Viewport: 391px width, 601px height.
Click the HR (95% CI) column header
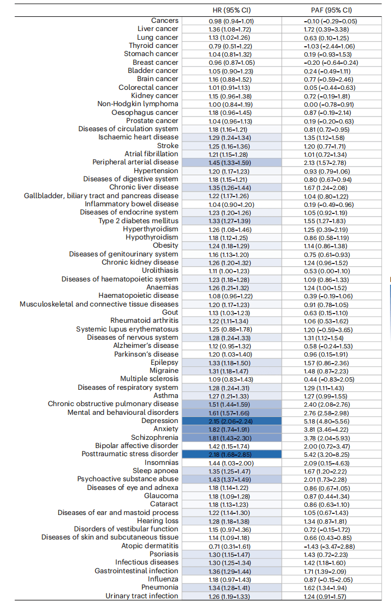[x=231, y=10]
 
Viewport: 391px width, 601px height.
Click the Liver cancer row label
[x=158, y=29]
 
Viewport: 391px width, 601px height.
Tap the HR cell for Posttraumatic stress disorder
[x=231, y=455]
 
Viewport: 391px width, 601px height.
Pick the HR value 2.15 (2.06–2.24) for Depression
[x=231, y=421]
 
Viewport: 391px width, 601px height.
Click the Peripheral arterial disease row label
[x=135, y=162]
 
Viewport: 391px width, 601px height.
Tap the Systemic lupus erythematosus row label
[x=127, y=329]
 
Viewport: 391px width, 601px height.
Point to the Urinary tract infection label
[x=142, y=596]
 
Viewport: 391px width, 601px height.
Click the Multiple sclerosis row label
[x=150, y=379]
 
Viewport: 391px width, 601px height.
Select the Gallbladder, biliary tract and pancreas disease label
[x=101, y=196]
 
